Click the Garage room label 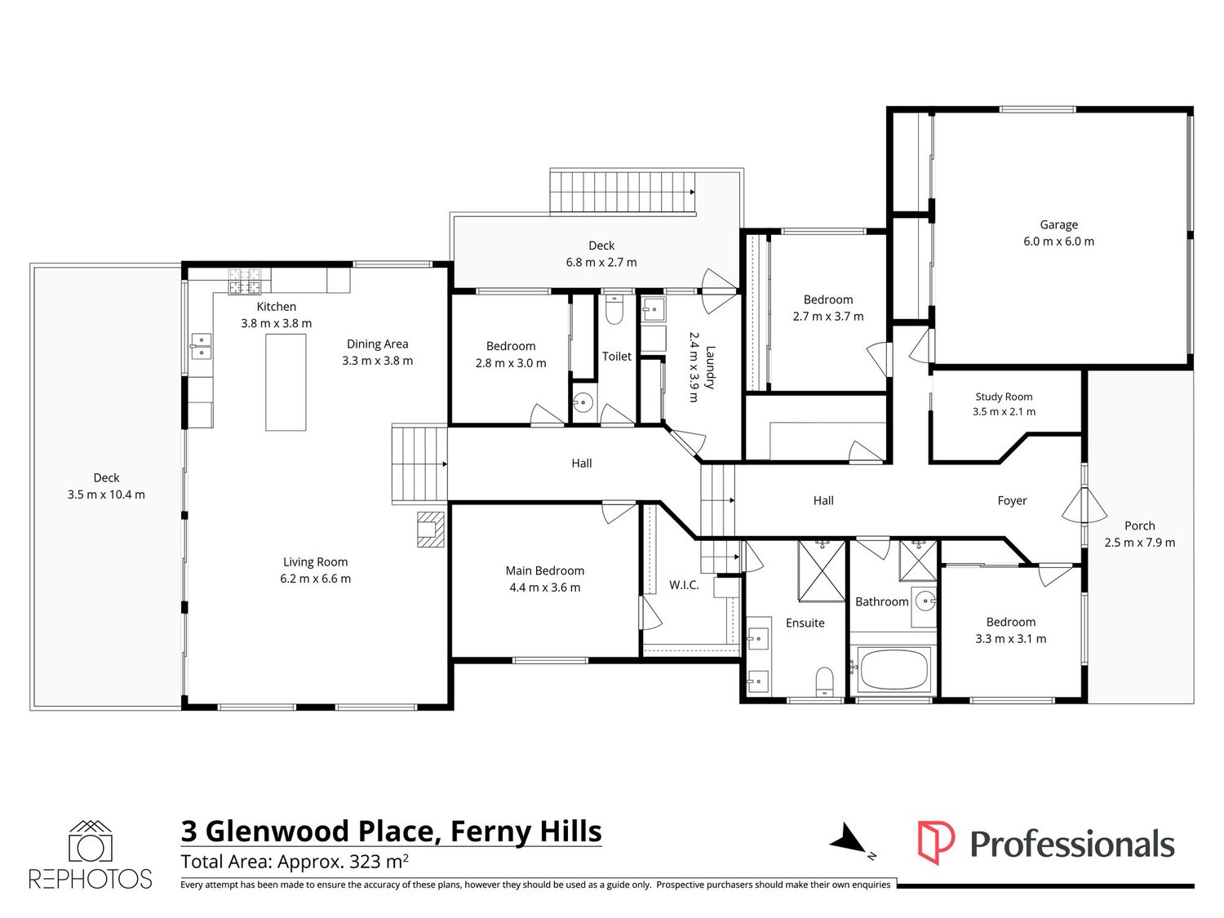point(1058,224)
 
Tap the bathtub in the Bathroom point(894,669)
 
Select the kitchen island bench point(286,383)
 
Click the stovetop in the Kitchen point(244,282)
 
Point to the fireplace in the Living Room point(431,529)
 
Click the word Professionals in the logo point(1072,844)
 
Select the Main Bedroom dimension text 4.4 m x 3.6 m point(545,588)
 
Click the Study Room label point(1004,397)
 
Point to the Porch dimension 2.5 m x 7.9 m point(1140,543)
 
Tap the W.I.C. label point(684,585)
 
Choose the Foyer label point(1012,500)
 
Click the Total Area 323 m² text point(295,861)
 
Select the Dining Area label point(378,344)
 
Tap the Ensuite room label point(805,623)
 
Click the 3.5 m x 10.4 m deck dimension point(106,494)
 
